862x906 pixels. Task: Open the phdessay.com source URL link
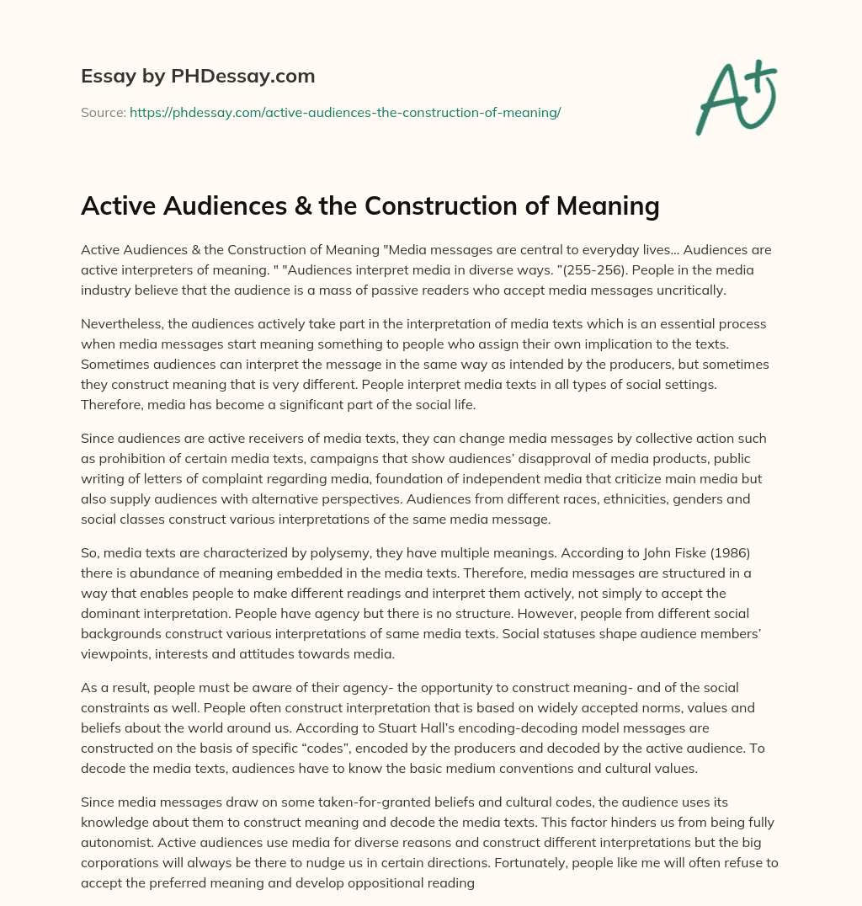click(345, 112)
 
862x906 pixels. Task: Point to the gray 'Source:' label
click(103, 112)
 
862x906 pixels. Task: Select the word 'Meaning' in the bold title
click(604, 205)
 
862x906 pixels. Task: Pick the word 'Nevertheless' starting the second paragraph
click(120, 324)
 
